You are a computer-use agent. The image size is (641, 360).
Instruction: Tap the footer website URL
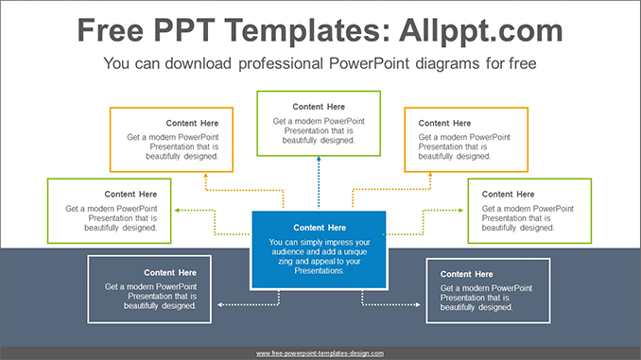[320, 352]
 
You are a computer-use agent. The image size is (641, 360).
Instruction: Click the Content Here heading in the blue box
[320, 228]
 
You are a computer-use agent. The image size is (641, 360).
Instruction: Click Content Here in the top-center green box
[319, 107]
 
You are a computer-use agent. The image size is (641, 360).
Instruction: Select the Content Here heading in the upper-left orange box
[192, 123]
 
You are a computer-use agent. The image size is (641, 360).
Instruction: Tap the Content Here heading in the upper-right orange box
[444, 123]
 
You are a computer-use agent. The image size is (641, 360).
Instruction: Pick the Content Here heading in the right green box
[508, 194]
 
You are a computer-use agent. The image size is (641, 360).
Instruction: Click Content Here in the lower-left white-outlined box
[170, 272]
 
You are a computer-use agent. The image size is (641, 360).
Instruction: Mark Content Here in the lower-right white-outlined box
[467, 274]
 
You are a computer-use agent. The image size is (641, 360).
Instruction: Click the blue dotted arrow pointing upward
[319, 162]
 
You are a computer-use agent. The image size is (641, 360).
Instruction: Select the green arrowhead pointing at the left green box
[179, 210]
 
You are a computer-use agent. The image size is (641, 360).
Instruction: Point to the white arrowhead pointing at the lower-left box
[219, 305]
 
